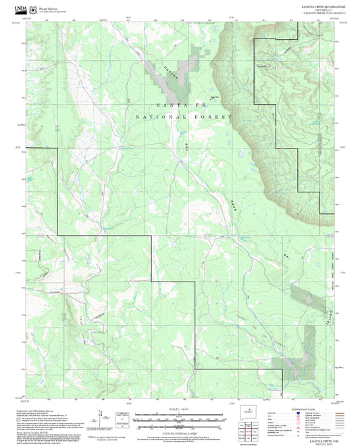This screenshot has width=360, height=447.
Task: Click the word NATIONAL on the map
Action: [157, 117]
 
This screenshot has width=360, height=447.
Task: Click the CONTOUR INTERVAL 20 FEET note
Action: [179, 431]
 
